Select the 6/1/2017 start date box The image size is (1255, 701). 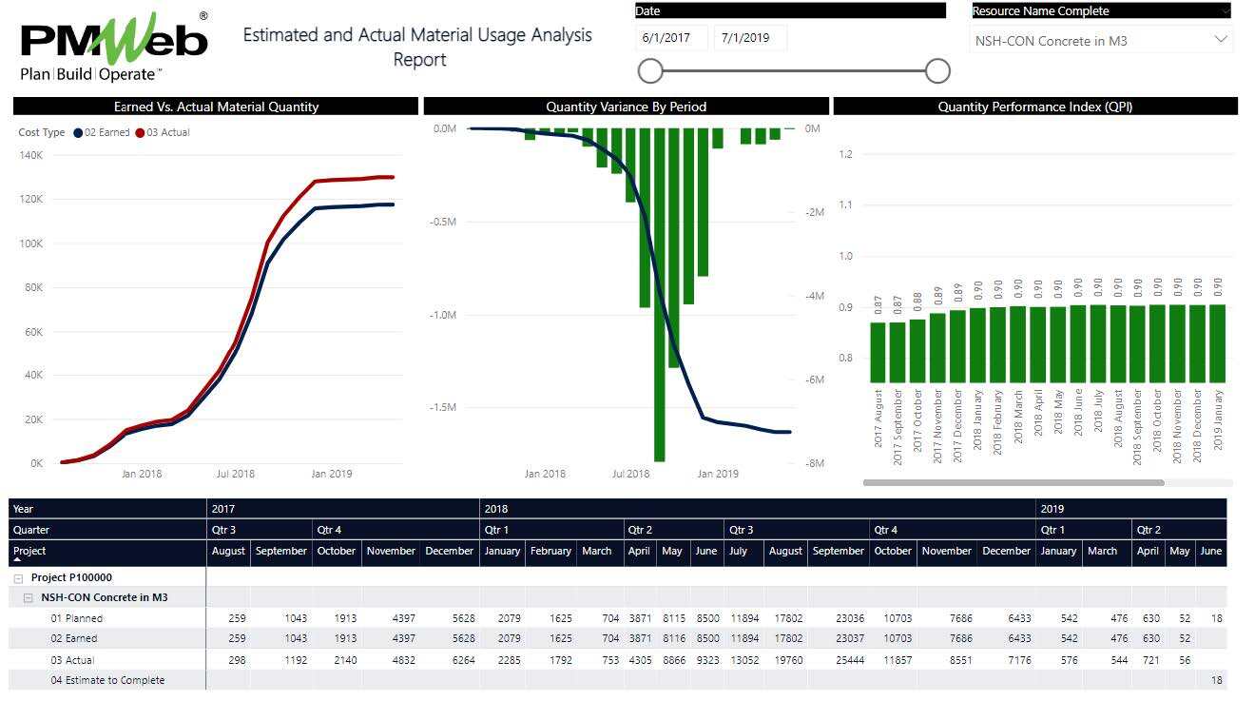[x=671, y=39]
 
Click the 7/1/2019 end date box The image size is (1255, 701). [x=750, y=39]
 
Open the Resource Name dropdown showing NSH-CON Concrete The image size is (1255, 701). [x=1101, y=41]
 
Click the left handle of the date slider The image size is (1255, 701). [x=650, y=70]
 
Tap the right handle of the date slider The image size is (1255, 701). [x=937, y=70]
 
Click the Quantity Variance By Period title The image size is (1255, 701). [x=626, y=107]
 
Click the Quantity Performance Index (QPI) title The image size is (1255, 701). [x=1034, y=107]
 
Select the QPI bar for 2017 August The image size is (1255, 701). [x=878, y=351]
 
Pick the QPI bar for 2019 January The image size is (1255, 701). [x=1217, y=342]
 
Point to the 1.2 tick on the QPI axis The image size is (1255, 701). [x=846, y=154]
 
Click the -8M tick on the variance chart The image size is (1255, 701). [x=814, y=463]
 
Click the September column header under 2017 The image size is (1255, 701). [x=281, y=551]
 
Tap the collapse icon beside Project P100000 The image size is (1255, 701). [x=18, y=577]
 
